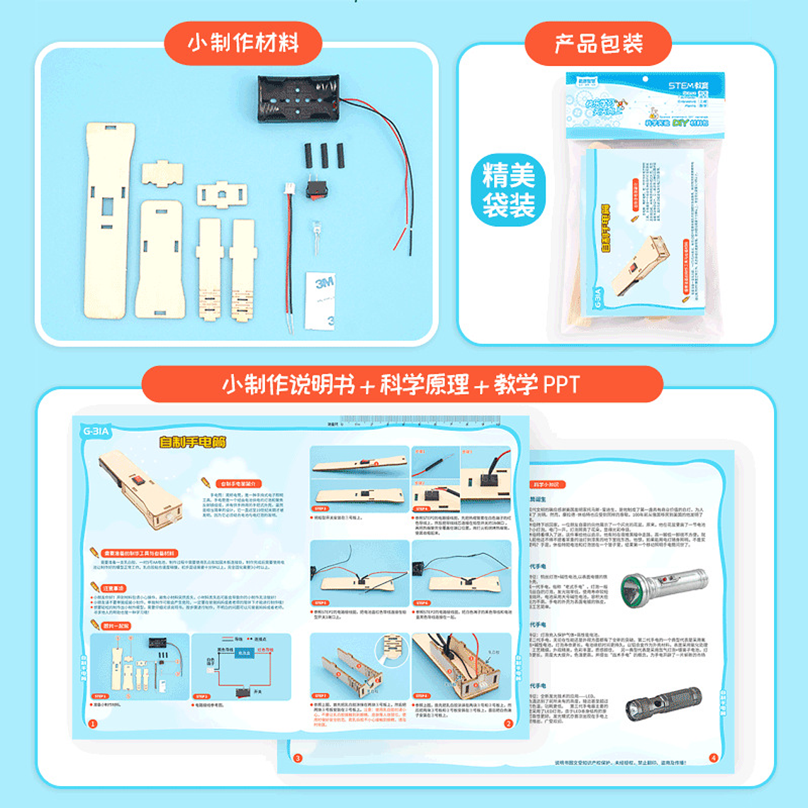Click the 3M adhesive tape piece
click(320, 301)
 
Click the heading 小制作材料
click(243, 43)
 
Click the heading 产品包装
click(598, 44)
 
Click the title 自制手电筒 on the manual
click(192, 442)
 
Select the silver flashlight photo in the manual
click(663, 588)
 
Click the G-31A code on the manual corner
click(96, 431)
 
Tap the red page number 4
click(713, 758)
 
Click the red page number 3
click(298, 758)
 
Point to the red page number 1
click(92, 724)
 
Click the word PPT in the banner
click(561, 385)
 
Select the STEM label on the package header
click(688, 86)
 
